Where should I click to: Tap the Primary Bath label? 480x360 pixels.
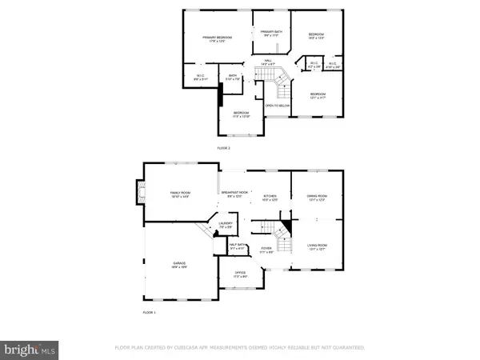click(x=272, y=33)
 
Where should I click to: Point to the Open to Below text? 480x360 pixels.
click(x=277, y=105)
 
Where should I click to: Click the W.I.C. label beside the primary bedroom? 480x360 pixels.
click(x=200, y=77)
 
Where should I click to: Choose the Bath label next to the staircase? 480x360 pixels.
click(x=233, y=78)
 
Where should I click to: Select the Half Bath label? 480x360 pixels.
click(x=238, y=247)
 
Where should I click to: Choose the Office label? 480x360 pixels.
click(x=241, y=274)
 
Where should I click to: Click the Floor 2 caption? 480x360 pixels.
click(x=224, y=149)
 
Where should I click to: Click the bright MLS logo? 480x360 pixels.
click(x=30, y=349)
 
